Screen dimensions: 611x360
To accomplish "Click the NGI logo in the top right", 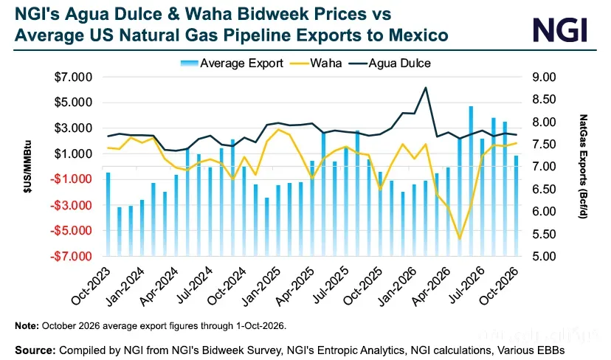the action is (x=560, y=30).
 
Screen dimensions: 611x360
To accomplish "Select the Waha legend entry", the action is (x=316, y=63).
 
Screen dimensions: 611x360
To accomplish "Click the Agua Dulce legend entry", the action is (x=390, y=63).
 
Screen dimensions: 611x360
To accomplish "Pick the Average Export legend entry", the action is (x=232, y=63).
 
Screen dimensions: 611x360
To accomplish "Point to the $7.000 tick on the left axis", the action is (x=73, y=77).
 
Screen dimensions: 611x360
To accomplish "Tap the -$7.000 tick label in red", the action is (x=71, y=257).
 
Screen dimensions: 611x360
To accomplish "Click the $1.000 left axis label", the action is (x=73, y=154).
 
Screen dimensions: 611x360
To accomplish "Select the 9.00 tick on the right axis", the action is (x=544, y=77).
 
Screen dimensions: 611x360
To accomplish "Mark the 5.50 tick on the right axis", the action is (x=544, y=234).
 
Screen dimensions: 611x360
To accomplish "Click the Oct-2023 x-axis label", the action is (x=91, y=286).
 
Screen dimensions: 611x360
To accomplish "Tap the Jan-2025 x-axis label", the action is (x=261, y=287).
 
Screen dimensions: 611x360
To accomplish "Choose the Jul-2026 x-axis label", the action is (x=466, y=285).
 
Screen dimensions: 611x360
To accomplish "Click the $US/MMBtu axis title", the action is (x=27, y=167).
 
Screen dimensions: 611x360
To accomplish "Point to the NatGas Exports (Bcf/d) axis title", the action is (x=584, y=167).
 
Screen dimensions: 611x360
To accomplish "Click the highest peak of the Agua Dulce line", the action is (x=426, y=87).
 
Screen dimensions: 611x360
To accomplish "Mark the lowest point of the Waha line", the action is (x=460, y=239).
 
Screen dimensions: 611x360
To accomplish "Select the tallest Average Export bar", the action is (x=471, y=181).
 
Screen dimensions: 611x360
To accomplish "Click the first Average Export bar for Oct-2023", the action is (x=108, y=214).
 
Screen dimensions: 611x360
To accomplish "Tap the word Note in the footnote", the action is (x=27, y=326).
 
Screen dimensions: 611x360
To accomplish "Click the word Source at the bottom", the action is (x=35, y=350).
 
